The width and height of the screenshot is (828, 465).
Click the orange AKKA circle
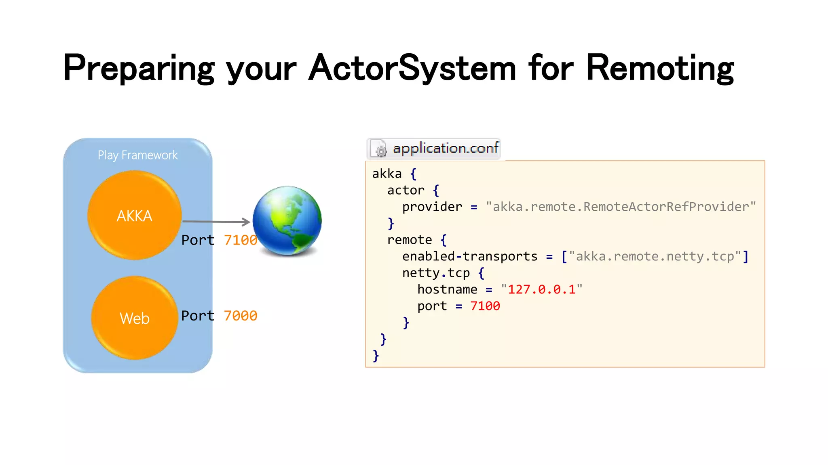pyautogui.click(x=134, y=215)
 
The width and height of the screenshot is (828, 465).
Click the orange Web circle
pyautogui.click(x=134, y=318)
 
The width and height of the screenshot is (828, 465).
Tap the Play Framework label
pyautogui.click(x=137, y=155)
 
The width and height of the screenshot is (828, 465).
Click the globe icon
pyautogui.click(x=287, y=220)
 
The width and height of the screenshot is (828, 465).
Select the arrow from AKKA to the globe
pyautogui.click(x=216, y=221)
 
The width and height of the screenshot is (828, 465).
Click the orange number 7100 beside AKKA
pyautogui.click(x=241, y=240)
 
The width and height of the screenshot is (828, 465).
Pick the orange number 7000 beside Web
pyautogui.click(x=241, y=316)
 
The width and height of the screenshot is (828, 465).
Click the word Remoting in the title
pyautogui.click(x=660, y=69)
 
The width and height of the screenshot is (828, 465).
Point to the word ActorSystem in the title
pyautogui.click(x=412, y=69)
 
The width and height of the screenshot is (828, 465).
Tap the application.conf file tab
pyautogui.click(x=445, y=148)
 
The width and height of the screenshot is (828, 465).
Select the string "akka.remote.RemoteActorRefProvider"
pyautogui.click(x=621, y=207)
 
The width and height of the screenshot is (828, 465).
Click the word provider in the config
pyautogui.click(x=432, y=207)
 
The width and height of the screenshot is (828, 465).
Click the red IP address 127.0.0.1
pyautogui.click(x=542, y=289)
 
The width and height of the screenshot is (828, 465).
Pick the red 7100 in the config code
pyautogui.click(x=485, y=306)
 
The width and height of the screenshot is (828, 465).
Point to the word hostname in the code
pyautogui.click(x=447, y=289)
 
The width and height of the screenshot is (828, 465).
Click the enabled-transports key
pyautogui.click(x=470, y=256)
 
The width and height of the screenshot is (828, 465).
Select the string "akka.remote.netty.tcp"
pyautogui.click(x=655, y=256)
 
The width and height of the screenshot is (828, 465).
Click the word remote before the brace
pyautogui.click(x=410, y=240)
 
